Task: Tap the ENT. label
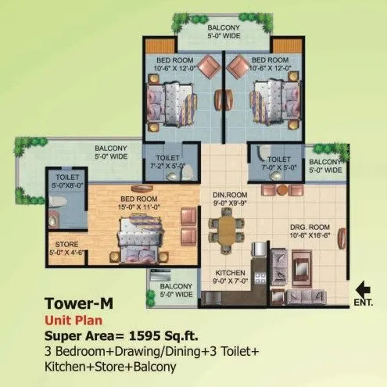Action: click(364, 300)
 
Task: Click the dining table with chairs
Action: click(227, 230)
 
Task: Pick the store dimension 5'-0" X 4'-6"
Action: click(62, 252)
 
